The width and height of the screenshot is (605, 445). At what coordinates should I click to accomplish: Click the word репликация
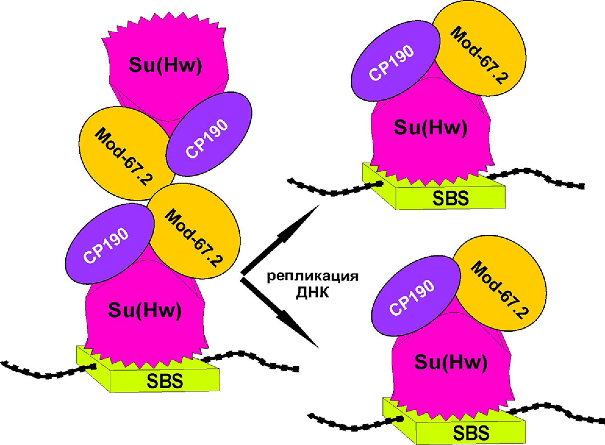pos(313,278)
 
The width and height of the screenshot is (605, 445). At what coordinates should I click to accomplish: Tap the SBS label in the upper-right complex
pos(450,198)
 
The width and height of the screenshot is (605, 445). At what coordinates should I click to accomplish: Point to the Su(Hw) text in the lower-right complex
pos(450,362)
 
